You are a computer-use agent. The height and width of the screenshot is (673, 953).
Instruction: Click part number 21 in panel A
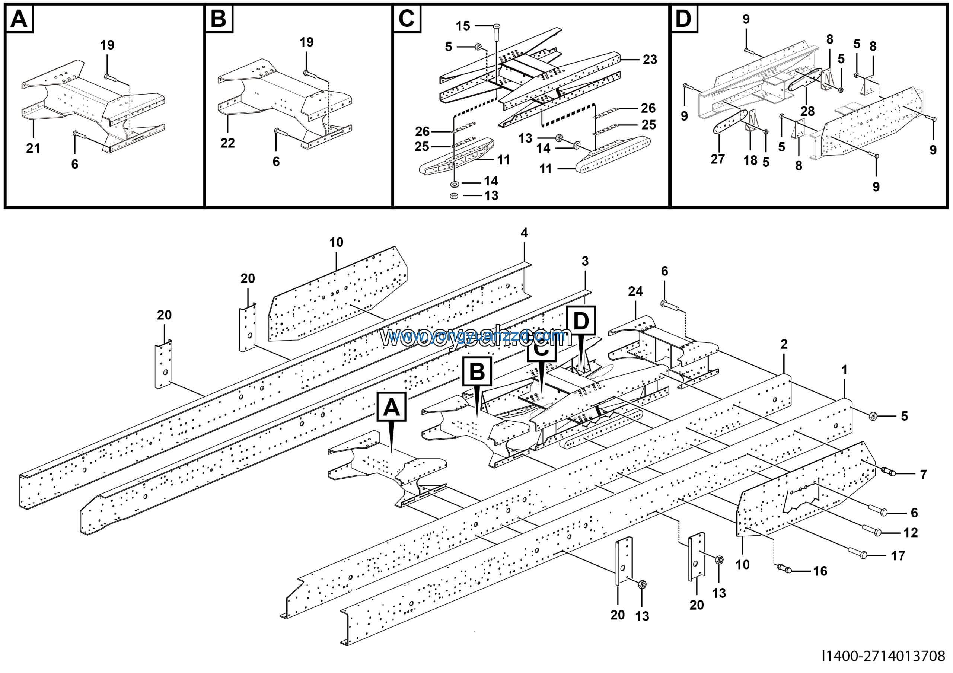[x=33, y=148]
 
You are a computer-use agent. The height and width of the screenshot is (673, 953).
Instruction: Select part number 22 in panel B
[x=227, y=143]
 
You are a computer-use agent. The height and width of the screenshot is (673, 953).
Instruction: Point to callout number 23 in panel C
[x=650, y=60]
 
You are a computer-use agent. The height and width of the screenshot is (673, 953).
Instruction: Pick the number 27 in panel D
[x=717, y=159]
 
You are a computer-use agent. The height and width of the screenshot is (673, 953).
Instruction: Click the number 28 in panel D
[x=807, y=111]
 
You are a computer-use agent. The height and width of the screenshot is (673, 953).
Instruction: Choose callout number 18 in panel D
[x=750, y=160]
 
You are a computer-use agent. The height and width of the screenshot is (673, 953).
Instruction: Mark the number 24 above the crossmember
[x=635, y=291]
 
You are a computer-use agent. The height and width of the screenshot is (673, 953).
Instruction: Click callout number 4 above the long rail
[x=524, y=233]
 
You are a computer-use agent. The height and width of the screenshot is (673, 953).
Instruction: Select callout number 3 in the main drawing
[x=585, y=261]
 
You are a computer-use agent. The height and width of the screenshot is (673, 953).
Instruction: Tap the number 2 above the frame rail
[x=784, y=344]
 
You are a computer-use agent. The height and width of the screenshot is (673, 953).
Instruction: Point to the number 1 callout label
[x=844, y=370]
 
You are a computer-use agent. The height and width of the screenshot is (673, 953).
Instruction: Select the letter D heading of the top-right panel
[x=683, y=19]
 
